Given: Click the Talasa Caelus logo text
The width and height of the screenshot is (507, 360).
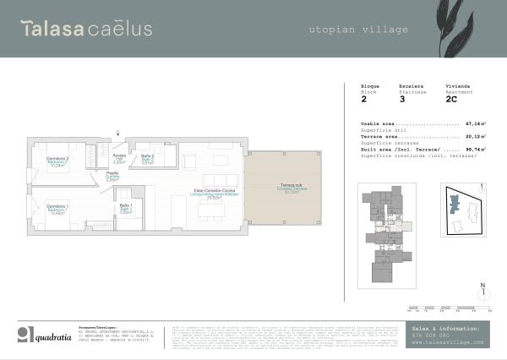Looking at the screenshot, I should point(87,29).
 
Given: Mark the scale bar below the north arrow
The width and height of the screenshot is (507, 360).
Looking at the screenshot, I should point(449,307).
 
